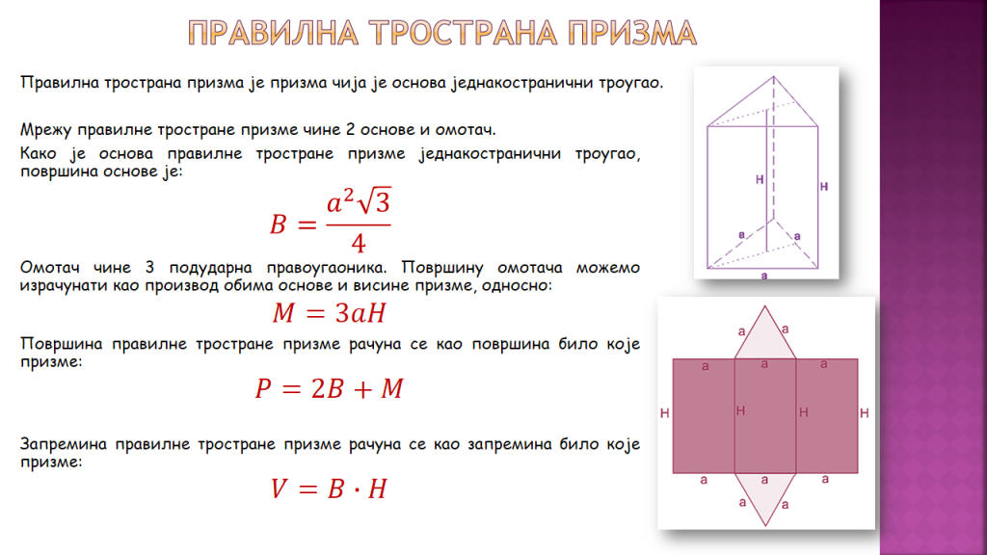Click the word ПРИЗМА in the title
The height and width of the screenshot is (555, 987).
(632, 33)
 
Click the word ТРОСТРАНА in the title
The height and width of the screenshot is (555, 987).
(464, 33)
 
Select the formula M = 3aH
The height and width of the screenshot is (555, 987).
(330, 313)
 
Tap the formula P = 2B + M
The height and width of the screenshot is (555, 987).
(330, 388)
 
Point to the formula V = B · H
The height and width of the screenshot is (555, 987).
(329, 489)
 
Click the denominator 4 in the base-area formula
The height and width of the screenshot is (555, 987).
(359, 242)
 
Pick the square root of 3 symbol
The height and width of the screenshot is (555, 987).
(373, 201)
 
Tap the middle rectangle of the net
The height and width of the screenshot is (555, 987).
(765, 416)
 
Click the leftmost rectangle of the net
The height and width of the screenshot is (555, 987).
(704, 416)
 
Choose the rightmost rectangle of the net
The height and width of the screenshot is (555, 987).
(827, 416)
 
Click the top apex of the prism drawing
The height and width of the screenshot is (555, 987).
(774, 77)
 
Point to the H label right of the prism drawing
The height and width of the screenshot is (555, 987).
(824, 186)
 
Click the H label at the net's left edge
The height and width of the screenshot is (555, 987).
(665, 413)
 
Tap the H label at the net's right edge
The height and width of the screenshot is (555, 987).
(865, 413)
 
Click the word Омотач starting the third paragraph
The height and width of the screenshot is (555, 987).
(50, 268)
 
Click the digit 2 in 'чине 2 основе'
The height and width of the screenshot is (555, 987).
(351, 130)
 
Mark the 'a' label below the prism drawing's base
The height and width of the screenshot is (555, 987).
(764, 275)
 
